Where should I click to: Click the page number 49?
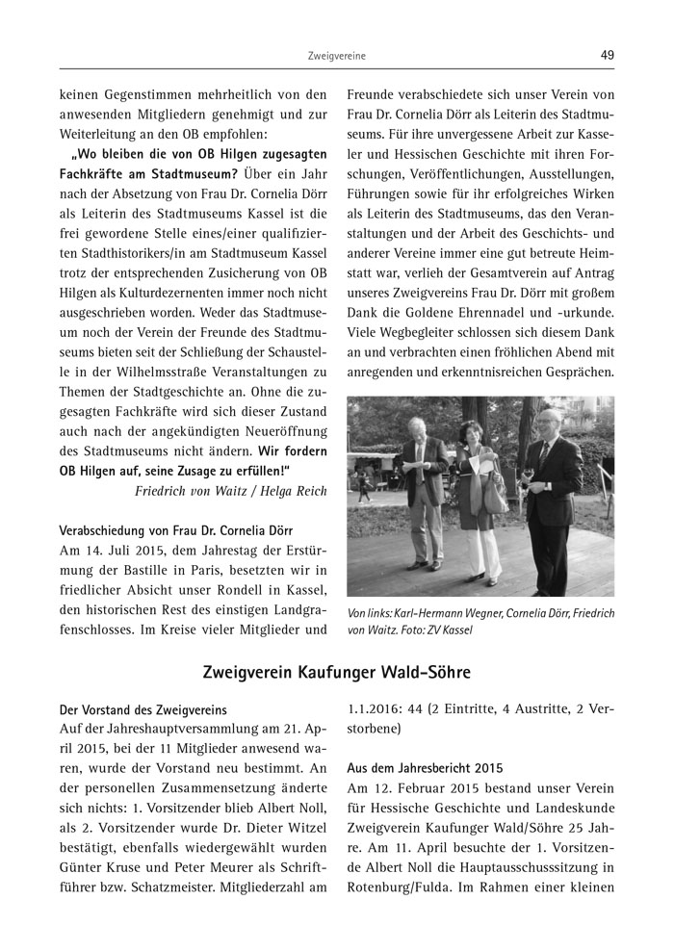(x=607, y=55)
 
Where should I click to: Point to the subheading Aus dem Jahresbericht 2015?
(x=418, y=770)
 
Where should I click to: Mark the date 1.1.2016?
(x=379, y=710)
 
